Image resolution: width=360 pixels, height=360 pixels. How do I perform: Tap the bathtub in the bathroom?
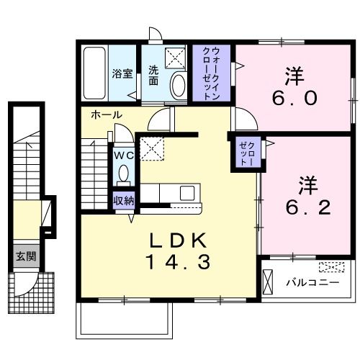94,73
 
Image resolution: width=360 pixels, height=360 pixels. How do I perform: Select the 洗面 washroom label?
153,75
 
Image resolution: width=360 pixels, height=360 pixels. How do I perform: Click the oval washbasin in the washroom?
177,86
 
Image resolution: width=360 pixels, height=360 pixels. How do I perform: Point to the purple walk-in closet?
212,73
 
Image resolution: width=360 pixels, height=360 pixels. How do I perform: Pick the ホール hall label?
106,115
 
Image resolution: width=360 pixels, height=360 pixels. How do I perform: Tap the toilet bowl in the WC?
123,174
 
